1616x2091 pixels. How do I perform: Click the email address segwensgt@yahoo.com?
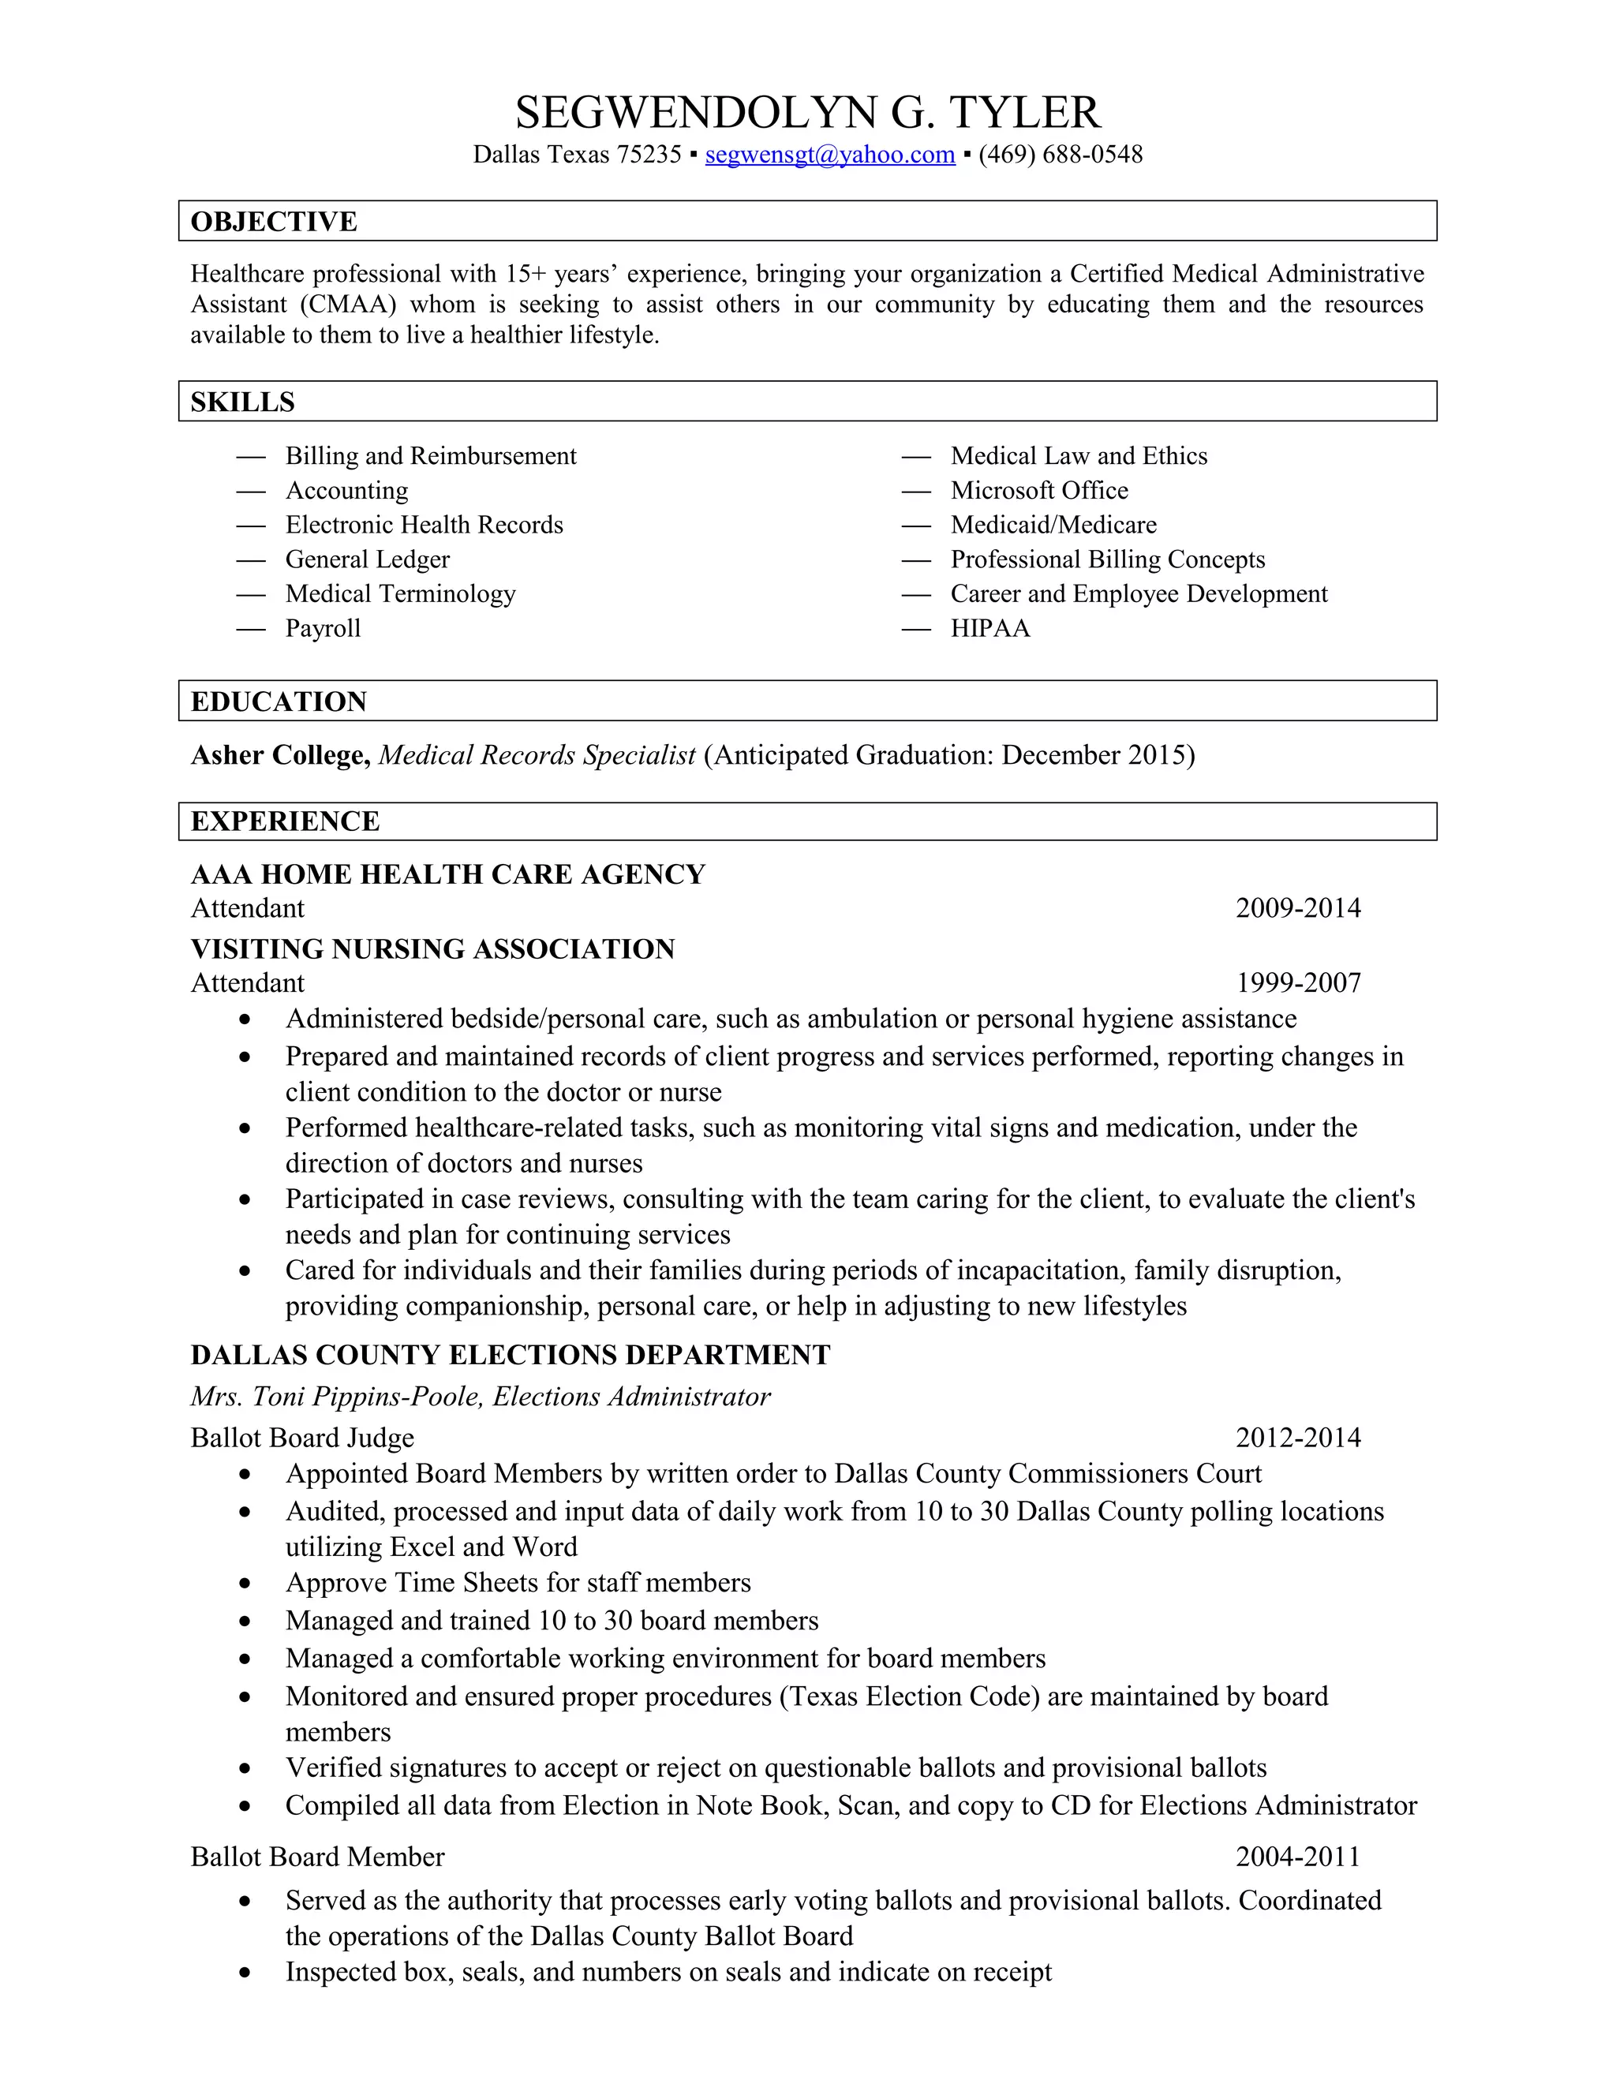[829, 155]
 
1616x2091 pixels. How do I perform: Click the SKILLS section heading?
[242, 402]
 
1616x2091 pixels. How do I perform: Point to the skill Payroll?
[323, 629]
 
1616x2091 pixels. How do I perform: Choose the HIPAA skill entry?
[990, 629]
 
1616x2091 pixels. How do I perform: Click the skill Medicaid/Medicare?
[1053, 526]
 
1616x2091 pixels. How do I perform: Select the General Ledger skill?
[367, 560]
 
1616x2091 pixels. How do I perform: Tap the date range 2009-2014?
[1297, 908]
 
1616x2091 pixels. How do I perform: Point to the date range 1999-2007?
[1297, 983]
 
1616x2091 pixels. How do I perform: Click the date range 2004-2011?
[1297, 1857]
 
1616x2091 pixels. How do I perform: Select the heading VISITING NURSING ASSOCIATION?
[432, 950]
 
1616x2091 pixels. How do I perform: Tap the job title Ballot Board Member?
[317, 1857]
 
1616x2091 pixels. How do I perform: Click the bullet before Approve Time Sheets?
[246, 1584]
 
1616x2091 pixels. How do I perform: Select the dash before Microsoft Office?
[916, 491]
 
